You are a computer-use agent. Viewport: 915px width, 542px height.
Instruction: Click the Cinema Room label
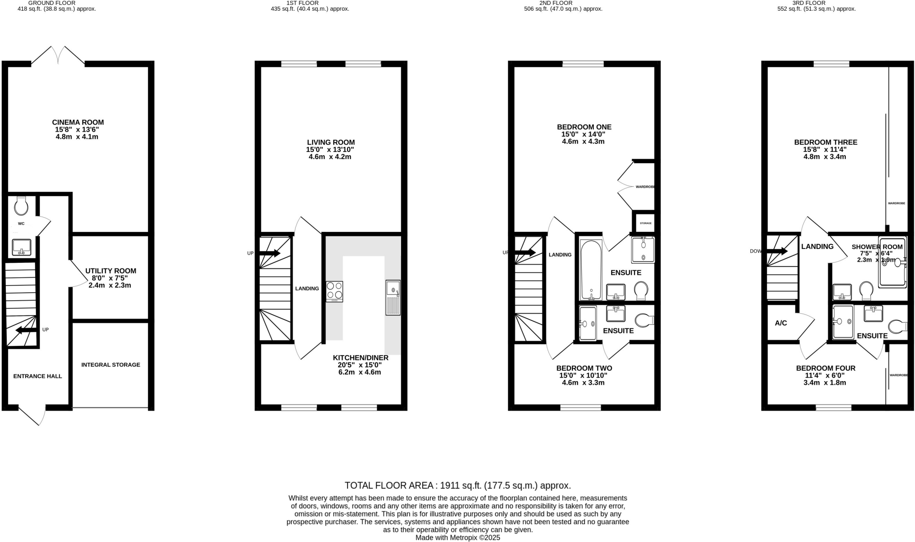(x=78, y=122)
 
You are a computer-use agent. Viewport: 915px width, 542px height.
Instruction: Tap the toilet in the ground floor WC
(x=21, y=206)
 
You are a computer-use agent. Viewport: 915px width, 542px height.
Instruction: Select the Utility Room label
(x=110, y=271)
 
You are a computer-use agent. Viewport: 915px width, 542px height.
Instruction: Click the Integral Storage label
(x=110, y=365)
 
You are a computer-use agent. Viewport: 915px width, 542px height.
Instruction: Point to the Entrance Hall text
(x=38, y=376)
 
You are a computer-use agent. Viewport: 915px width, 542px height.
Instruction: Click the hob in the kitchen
(x=334, y=291)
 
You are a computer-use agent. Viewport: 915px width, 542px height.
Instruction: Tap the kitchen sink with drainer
(x=393, y=298)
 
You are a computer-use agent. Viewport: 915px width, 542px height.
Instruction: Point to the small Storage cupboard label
(x=645, y=223)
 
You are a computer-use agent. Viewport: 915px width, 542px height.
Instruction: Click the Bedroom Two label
(x=584, y=368)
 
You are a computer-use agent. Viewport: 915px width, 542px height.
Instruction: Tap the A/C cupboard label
(x=781, y=323)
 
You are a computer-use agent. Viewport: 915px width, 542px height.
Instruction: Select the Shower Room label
(x=877, y=247)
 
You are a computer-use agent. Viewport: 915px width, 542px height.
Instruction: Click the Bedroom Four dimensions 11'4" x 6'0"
(x=825, y=376)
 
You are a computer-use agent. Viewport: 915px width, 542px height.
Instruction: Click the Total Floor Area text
(x=457, y=486)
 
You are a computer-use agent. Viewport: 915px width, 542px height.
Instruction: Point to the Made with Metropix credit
(x=457, y=538)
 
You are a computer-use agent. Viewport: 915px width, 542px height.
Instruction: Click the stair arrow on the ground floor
(x=25, y=330)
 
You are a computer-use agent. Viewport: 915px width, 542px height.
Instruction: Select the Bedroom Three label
(x=825, y=143)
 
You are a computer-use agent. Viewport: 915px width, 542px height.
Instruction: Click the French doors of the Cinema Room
(x=58, y=55)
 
